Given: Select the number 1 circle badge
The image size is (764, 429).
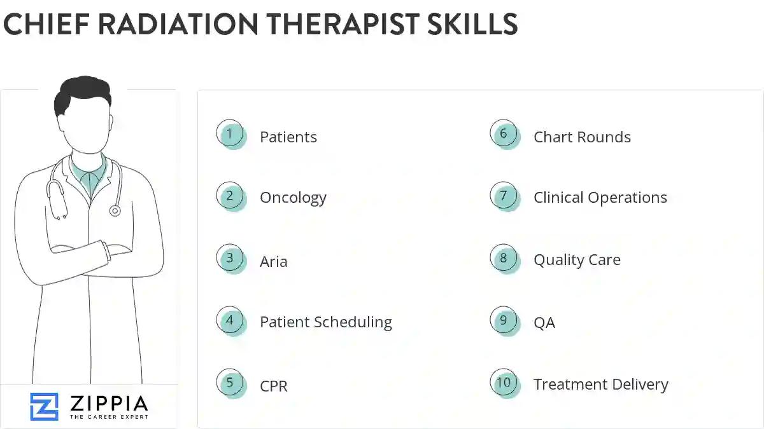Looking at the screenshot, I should coord(230,135).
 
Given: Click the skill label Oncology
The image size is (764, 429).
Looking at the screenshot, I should coord(293,198).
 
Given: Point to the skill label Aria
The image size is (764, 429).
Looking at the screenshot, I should coord(274,261).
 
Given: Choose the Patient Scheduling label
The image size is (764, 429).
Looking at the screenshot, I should coord(326,322).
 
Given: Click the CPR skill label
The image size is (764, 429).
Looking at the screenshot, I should coord(274,386).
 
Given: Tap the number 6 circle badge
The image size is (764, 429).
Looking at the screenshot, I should coord(504,135).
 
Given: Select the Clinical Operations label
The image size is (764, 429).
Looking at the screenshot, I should coord(600,198).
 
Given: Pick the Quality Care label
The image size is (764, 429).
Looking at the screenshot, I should coord(577,260).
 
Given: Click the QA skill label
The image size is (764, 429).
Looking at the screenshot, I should coord(544,323).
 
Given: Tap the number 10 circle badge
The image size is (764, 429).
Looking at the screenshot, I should coord(504,383).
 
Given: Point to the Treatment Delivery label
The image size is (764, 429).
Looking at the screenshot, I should coord(601,385).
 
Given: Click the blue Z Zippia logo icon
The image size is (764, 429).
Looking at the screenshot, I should coord(44,406).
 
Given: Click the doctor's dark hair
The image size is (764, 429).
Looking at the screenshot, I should coord(81,94).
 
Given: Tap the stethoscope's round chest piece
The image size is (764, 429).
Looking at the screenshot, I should coord(115,210).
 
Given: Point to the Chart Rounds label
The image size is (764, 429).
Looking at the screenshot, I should coord(582,137).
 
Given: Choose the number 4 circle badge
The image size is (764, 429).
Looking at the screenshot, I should coord(230,321).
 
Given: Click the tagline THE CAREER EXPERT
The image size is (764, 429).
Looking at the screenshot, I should coord(109,417).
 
